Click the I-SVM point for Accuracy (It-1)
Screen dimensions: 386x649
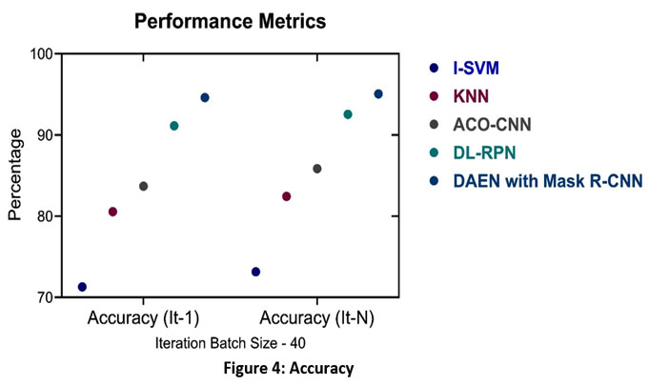[x=82, y=287]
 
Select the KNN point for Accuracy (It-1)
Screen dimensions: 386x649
[x=112, y=212]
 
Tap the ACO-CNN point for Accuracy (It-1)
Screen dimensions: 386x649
[x=144, y=186]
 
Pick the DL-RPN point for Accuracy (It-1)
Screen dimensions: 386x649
[x=174, y=126]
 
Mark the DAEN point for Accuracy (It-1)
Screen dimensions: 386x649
[x=205, y=97]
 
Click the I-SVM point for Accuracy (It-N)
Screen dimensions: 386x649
[x=255, y=272]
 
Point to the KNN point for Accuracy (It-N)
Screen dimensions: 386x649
[x=286, y=196]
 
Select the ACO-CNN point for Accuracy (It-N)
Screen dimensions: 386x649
[x=317, y=169]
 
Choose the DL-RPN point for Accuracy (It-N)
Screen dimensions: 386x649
[x=348, y=114]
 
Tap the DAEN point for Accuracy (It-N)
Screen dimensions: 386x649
[x=378, y=93]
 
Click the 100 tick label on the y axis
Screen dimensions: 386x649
[x=41, y=54]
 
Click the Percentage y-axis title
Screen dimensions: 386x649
[x=14, y=176]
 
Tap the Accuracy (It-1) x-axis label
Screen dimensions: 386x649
[x=143, y=317]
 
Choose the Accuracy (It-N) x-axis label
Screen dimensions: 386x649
[x=316, y=317]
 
